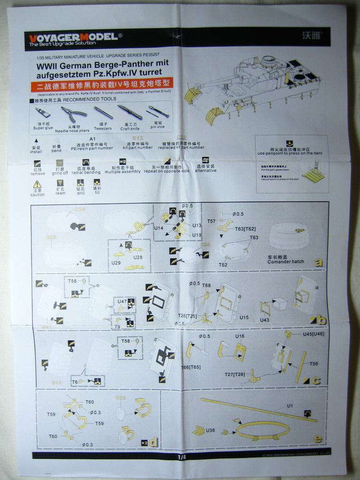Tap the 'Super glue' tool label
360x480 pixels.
click(x=43, y=128)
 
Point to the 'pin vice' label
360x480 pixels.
click(x=157, y=127)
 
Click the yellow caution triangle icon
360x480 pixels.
click(x=37, y=184)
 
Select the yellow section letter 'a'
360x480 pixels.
click(x=319, y=262)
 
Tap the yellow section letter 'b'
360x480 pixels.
click(x=321, y=321)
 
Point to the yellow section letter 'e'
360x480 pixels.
click(x=318, y=438)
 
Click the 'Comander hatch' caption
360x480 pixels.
click(x=285, y=262)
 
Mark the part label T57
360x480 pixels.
click(x=211, y=221)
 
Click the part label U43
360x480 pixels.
click(x=265, y=320)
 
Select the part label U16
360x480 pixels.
click(x=240, y=337)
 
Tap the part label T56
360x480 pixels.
click(x=314, y=364)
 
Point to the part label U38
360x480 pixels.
click(x=210, y=430)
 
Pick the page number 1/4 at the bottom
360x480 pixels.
click(x=182, y=457)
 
